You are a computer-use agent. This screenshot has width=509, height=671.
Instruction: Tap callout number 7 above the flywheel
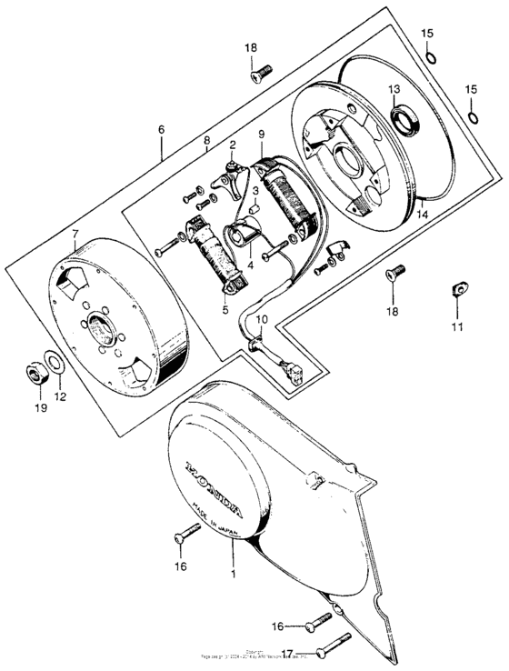pyautogui.click(x=74, y=235)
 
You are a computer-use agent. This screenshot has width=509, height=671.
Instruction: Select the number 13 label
pyautogui.click(x=394, y=89)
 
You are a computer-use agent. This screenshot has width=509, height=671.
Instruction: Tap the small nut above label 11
pyautogui.click(x=453, y=293)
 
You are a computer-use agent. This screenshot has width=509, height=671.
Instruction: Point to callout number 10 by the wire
pyautogui.click(x=261, y=319)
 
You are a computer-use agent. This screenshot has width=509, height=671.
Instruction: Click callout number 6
pyautogui.click(x=161, y=130)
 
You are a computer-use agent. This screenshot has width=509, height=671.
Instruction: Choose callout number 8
pyautogui.click(x=206, y=141)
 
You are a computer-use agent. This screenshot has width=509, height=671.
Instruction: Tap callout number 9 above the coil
pyautogui.click(x=261, y=135)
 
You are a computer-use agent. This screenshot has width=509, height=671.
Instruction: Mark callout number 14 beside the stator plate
pyautogui.click(x=422, y=215)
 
